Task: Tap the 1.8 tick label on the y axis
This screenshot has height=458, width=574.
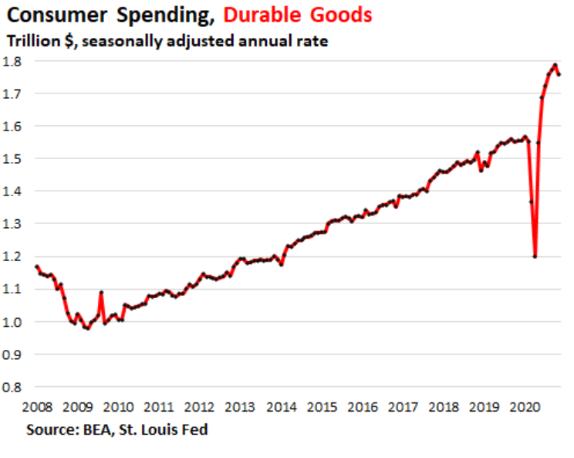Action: click(x=12, y=61)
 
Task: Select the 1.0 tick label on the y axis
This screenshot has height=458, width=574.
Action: click(x=12, y=321)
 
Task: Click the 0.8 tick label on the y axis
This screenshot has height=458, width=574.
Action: click(x=12, y=387)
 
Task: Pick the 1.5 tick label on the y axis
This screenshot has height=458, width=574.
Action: click(x=12, y=159)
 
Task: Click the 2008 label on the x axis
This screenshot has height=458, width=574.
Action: click(x=36, y=407)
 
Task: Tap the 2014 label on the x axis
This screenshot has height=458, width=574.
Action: click(x=280, y=407)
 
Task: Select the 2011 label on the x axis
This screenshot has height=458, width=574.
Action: click(x=158, y=407)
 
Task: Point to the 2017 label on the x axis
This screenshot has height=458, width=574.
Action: click(x=402, y=407)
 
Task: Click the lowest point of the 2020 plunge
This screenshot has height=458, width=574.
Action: click(x=535, y=256)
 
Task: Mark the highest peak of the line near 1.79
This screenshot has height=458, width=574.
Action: click(x=555, y=65)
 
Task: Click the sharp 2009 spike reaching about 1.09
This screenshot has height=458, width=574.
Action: click(x=101, y=293)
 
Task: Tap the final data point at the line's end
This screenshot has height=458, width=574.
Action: click(x=559, y=74)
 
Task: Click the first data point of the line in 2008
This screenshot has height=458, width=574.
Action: click(x=36, y=266)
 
